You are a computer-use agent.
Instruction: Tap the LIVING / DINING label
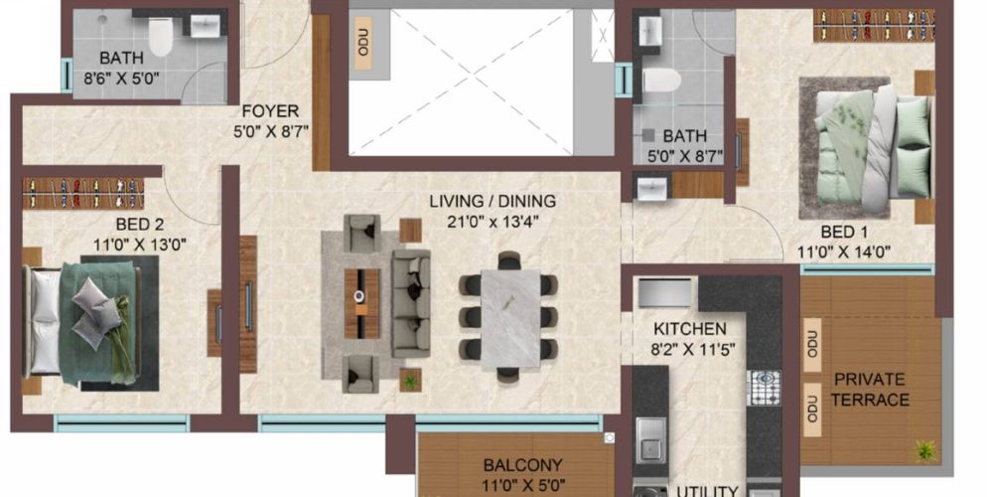tap(493, 202)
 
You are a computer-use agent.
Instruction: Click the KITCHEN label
tap(689, 329)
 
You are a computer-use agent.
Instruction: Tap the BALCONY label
tap(522, 464)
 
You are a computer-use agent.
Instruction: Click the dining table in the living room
tap(508, 318)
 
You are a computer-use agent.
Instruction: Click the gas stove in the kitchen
tap(763, 388)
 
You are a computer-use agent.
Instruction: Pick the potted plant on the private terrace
tap(925, 449)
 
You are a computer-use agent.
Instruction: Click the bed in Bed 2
tap(89, 321)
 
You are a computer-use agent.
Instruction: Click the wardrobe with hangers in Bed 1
tap(874, 24)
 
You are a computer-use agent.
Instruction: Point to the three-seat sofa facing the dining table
tap(410, 303)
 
